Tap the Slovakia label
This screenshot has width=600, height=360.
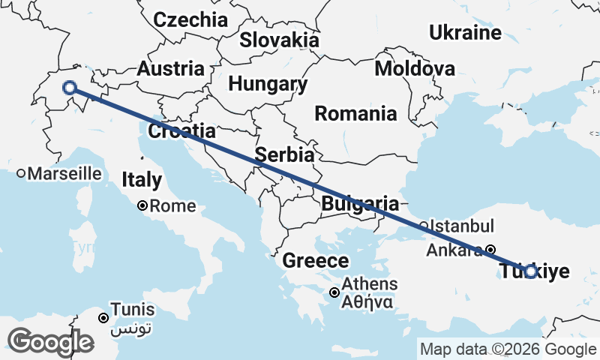tap(279, 40)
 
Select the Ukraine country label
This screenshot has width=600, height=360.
tap(465, 32)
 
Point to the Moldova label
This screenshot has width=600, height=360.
tap(415, 69)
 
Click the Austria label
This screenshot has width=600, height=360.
tap(171, 69)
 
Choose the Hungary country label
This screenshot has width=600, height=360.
tap(268, 84)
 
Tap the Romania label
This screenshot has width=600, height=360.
tap(355, 114)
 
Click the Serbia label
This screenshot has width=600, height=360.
tap(283, 155)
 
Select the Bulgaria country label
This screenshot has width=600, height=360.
tap(359, 203)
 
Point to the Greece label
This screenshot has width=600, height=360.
tap(316, 261)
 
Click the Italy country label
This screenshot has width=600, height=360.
tap(142, 180)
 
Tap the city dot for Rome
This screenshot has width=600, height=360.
tap(142, 205)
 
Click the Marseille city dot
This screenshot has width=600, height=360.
tap(21, 173)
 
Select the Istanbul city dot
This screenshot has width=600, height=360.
tap(423, 225)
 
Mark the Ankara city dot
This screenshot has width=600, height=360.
tap(490, 250)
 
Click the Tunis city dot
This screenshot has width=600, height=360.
tap(103, 318)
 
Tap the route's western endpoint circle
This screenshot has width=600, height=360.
tap(70, 88)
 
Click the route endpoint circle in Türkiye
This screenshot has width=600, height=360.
tap(530, 271)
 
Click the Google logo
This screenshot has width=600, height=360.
tap(51, 342)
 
